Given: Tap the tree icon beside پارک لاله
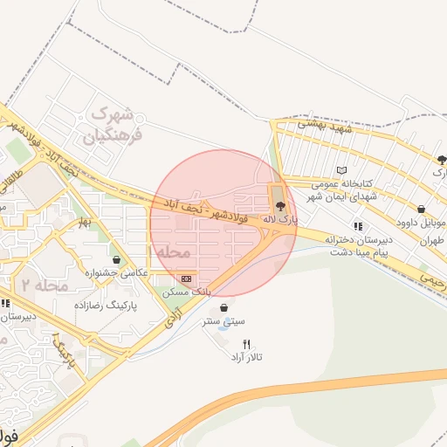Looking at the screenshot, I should click(279, 205).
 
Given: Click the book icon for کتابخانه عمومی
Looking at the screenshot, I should click(341, 169).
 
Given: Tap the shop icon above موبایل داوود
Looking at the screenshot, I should click(422, 209).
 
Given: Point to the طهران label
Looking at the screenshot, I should click(433, 240).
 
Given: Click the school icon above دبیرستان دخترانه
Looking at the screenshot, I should click(358, 226).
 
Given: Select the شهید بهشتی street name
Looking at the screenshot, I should click(322, 127).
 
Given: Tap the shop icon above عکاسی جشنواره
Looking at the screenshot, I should click(116, 259).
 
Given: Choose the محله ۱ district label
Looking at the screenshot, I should click(170, 251).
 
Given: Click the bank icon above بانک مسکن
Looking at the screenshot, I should click(186, 278).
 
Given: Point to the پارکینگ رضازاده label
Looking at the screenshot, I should click(85, 306).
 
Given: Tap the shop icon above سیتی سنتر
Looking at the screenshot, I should click(226, 307).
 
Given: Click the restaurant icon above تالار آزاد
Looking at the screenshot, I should click(246, 344).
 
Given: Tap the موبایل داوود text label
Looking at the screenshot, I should click(421, 223).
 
